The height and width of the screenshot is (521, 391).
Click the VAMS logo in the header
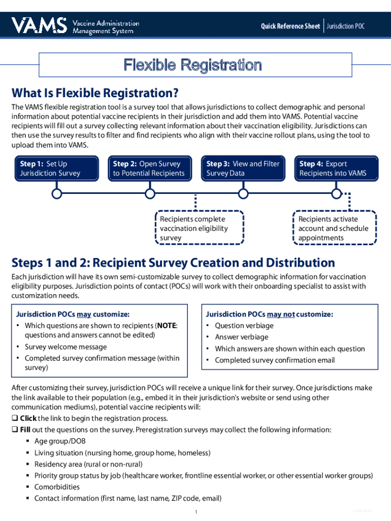tap(40, 24)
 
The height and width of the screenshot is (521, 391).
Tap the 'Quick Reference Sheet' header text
tap(290, 26)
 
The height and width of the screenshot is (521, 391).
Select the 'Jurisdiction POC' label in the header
tap(346, 26)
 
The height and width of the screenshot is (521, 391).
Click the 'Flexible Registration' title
tap(193, 65)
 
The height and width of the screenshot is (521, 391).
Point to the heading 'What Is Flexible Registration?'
tap(95, 93)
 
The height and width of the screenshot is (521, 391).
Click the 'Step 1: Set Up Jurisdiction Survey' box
tap(57, 168)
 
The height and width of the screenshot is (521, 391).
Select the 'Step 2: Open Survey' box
tap(150, 168)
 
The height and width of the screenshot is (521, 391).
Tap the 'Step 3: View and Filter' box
tap(243, 168)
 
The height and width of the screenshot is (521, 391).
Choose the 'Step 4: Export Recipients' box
tap(336, 168)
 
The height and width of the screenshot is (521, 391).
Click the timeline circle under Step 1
tap(57, 193)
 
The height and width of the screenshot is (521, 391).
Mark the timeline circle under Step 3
tap(243, 193)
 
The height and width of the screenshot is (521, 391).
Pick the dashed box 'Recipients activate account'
tap(334, 228)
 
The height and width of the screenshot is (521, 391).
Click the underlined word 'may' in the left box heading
tap(84, 314)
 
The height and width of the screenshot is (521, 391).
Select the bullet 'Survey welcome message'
tap(66, 347)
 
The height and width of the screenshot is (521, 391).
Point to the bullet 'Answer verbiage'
tap(242, 337)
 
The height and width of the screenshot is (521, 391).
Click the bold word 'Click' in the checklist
tap(28, 418)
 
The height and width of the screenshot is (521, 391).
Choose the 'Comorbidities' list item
tap(57, 487)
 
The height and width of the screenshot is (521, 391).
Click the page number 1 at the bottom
tap(195, 511)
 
